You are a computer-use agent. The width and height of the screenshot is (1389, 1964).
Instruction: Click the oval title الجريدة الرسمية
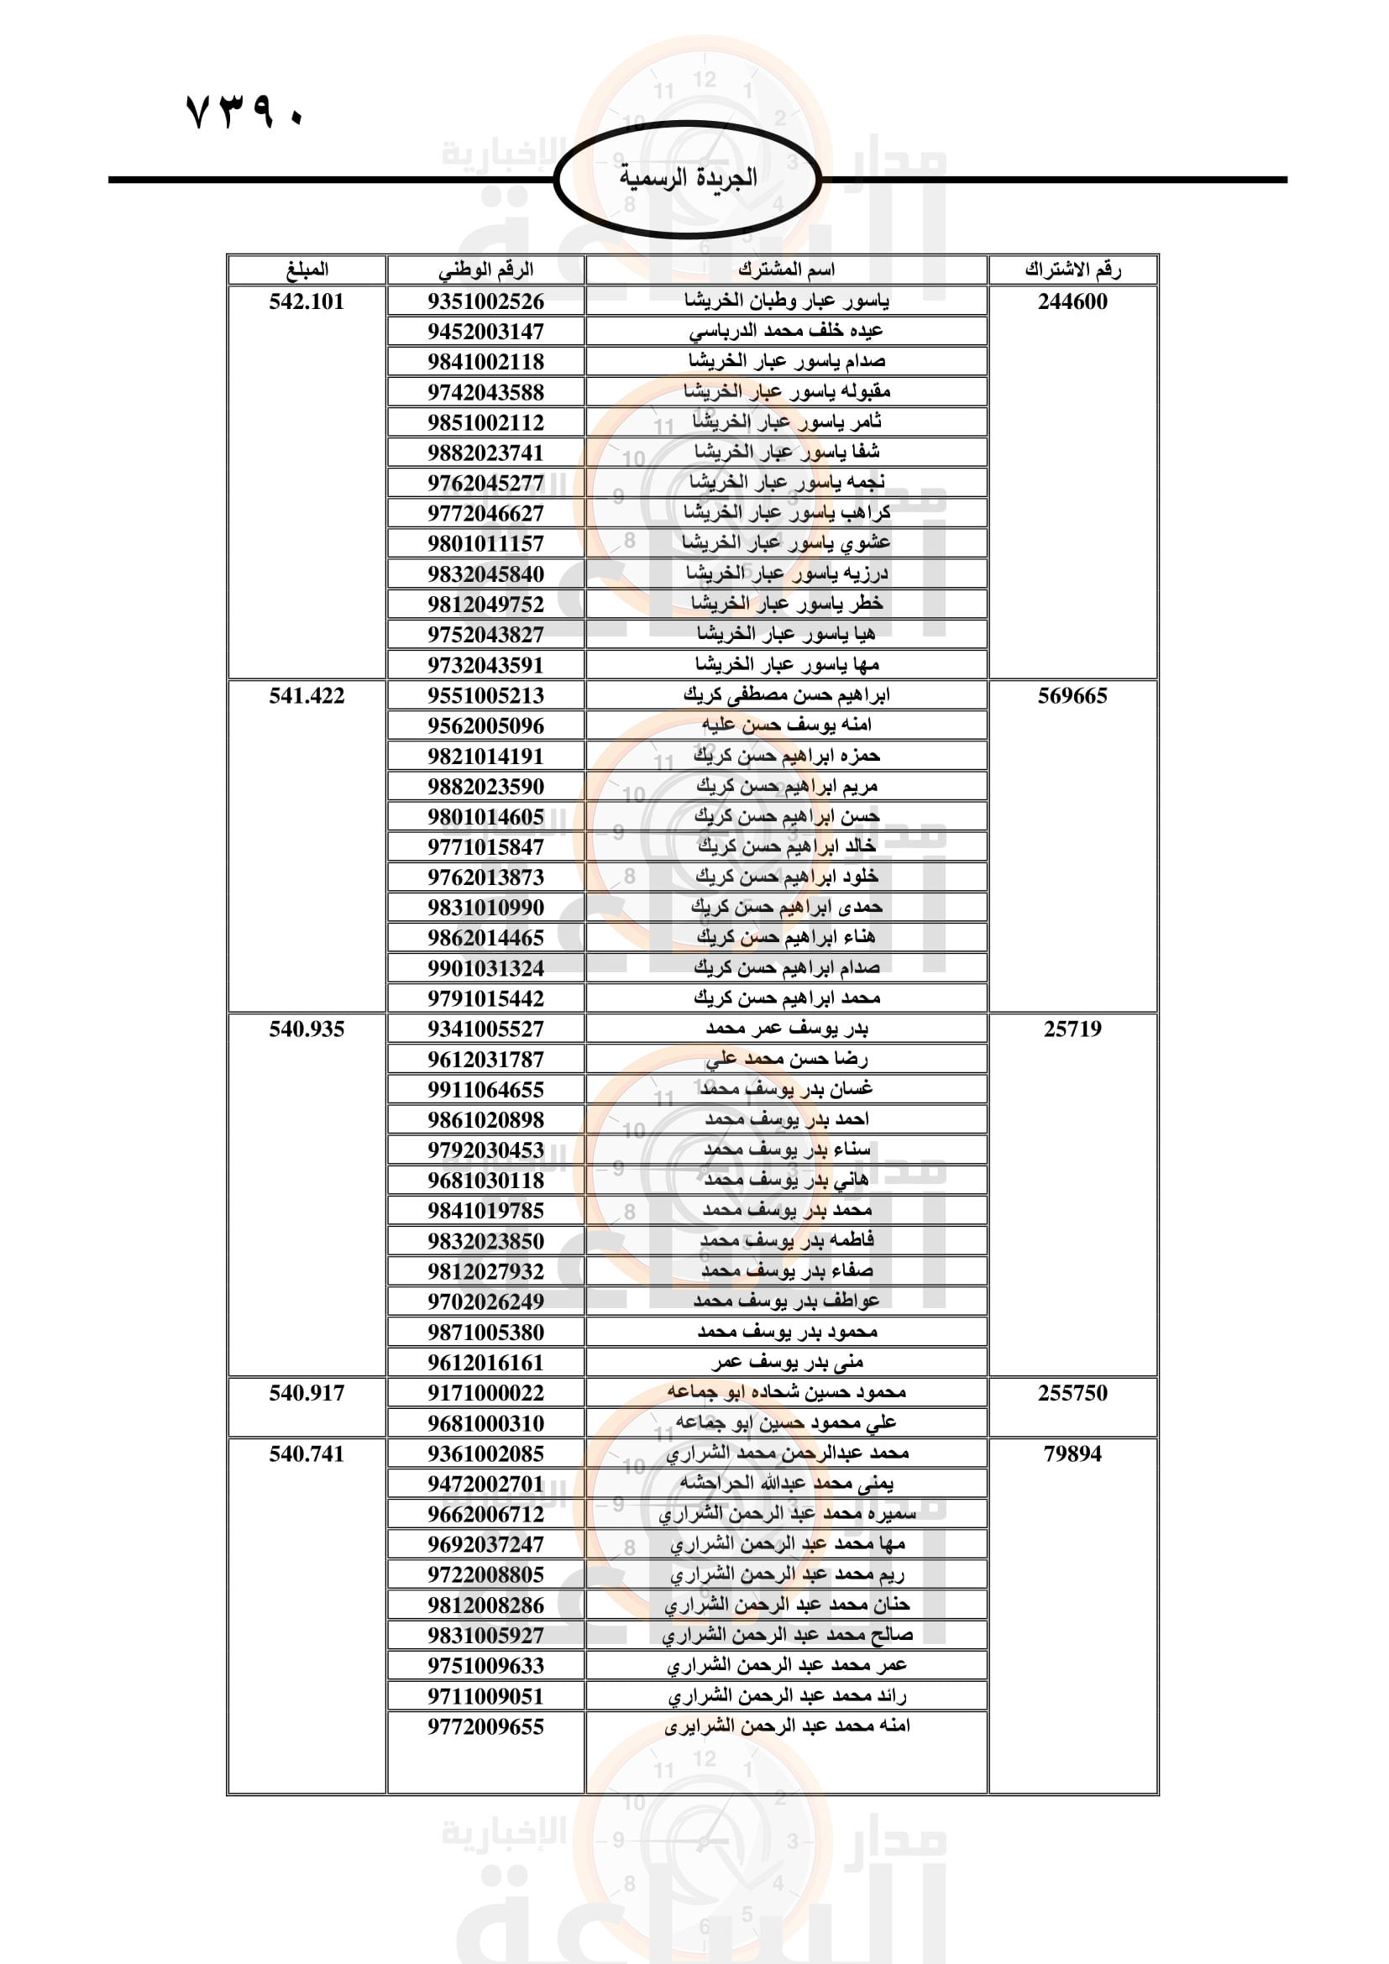[x=688, y=178]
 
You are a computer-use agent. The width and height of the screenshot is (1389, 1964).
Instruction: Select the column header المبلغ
[x=307, y=270]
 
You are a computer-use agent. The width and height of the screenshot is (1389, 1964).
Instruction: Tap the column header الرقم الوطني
[x=485, y=270]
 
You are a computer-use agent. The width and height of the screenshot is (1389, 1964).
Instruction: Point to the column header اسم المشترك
[x=786, y=270]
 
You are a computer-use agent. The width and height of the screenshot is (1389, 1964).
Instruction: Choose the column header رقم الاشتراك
[x=1072, y=270]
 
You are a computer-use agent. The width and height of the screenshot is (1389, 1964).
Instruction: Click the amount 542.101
[x=307, y=301]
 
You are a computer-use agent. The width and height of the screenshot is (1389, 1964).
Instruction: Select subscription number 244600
[x=1072, y=301]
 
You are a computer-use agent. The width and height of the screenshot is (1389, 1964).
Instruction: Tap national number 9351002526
[x=485, y=301]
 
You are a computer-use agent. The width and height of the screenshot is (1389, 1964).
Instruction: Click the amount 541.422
[x=307, y=695]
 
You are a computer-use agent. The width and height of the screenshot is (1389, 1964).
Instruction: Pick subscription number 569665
[x=1072, y=695]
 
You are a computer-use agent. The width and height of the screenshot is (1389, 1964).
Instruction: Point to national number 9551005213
[x=485, y=695]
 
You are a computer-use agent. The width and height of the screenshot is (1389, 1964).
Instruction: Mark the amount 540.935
[x=307, y=1029]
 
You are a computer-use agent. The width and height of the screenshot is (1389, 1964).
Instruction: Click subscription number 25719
[x=1072, y=1029]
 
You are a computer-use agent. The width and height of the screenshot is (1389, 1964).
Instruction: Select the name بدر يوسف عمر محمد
[x=786, y=1029]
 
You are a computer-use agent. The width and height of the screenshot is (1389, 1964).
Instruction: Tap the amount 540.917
[x=307, y=1392]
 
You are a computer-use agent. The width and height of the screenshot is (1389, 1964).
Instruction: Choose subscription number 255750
[x=1072, y=1392]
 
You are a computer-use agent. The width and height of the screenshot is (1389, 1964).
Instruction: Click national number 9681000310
[x=485, y=1422]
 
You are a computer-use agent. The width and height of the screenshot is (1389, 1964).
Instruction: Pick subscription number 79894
[x=1072, y=1453]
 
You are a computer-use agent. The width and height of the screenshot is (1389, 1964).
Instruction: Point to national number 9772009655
[x=485, y=1726]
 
